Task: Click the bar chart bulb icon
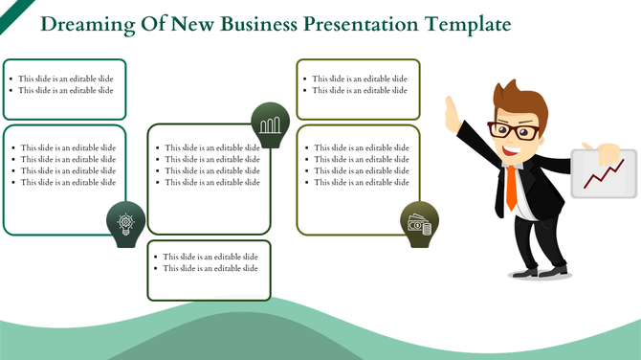(x=271, y=124)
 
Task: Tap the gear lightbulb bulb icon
(x=125, y=223)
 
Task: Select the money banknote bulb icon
(x=419, y=224)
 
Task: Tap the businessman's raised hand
(x=452, y=110)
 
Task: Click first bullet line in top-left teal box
(x=66, y=79)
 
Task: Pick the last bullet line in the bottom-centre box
(x=210, y=268)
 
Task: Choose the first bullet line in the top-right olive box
(x=360, y=79)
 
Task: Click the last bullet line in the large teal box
(x=68, y=182)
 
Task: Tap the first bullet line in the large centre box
(x=211, y=147)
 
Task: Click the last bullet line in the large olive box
(x=361, y=182)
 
